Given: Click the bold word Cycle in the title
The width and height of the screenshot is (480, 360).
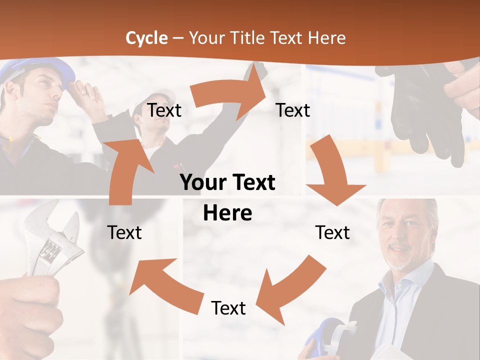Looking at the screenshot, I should click(146, 38).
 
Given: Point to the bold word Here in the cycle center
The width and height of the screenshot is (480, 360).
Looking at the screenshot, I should click(227, 213).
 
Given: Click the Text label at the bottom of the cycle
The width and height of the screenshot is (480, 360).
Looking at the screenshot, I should click(228, 308).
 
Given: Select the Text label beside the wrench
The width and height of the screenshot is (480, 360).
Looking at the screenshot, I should click(124, 232).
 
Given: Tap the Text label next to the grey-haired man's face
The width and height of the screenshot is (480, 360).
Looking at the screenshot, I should click(332, 232).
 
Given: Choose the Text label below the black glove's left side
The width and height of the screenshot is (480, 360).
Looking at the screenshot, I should click(293, 110).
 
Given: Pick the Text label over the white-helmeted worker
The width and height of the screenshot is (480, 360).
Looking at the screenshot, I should click(164, 110).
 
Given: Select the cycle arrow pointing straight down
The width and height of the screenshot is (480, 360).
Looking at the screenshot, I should click(332, 172).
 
